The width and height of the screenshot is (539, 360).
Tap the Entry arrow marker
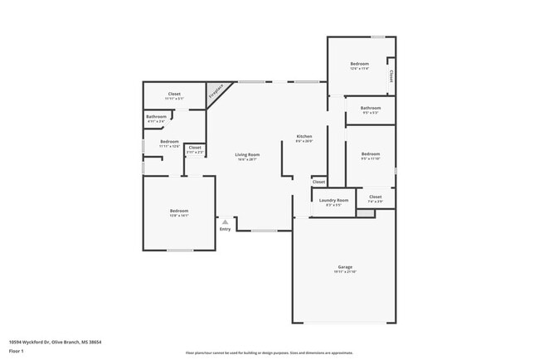click(x=225, y=221)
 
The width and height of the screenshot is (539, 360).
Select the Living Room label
click(x=247, y=154)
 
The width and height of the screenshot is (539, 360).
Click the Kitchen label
click(x=304, y=136)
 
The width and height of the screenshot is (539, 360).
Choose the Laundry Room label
click(x=333, y=200)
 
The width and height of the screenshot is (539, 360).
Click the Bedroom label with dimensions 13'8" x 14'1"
click(x=178, y=212)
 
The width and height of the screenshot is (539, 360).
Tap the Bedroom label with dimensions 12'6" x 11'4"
click(x=358, y=64)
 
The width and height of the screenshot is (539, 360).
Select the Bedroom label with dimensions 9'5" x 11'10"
click(x=370, y=153)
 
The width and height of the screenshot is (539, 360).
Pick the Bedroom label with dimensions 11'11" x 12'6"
click(x=169, y=142)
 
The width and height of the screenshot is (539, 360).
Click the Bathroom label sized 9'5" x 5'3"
click(x=370, y=108)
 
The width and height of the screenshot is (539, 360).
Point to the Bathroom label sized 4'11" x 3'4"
click(x=156, y=117)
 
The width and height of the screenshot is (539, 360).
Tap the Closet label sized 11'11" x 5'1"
click(x=174, y=95)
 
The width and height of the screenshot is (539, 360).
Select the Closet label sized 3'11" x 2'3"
click(x=194, y=148)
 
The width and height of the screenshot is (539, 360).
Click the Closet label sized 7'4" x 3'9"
click(x=375, y=197)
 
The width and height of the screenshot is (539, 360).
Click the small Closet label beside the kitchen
click(x=318, y=181)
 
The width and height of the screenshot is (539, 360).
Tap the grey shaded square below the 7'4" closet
click(x=365, y=212)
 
